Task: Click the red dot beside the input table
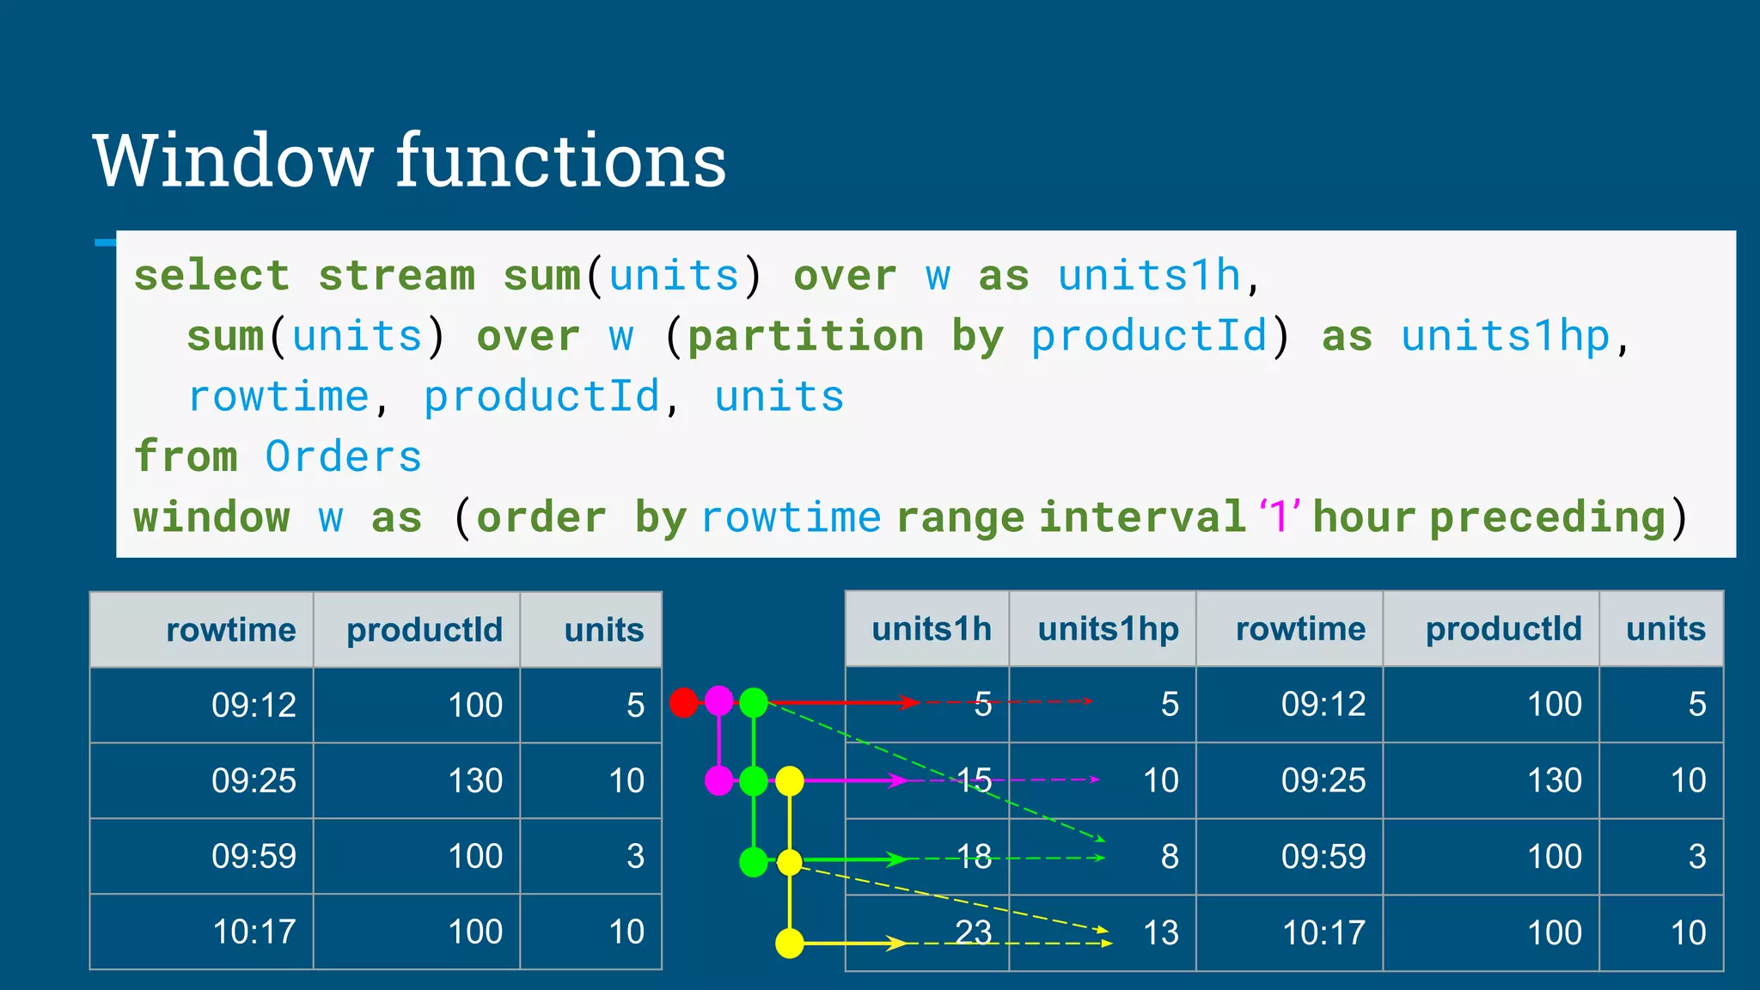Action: (684, 702)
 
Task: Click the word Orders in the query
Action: (343, 456)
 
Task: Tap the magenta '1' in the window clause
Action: (1279, 516)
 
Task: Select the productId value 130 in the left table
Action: (475, 780)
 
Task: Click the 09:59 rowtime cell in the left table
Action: (254, 856)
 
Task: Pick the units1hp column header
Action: (1108, 629)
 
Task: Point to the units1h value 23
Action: (974, 932)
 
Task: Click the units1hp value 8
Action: (1170, 856)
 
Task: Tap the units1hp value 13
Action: (1160, 932)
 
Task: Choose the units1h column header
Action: (932, 629)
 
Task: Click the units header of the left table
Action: (603, 630)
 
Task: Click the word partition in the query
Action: (805, 336)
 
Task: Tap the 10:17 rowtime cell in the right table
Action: (1323, 932)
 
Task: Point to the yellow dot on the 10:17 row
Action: (789, 943)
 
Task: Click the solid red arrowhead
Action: (909, 702)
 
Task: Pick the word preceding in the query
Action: (1547, 517)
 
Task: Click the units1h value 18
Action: (974, 856)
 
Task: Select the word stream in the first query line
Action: (396, 276)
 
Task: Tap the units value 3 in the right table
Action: (1696, 856)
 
